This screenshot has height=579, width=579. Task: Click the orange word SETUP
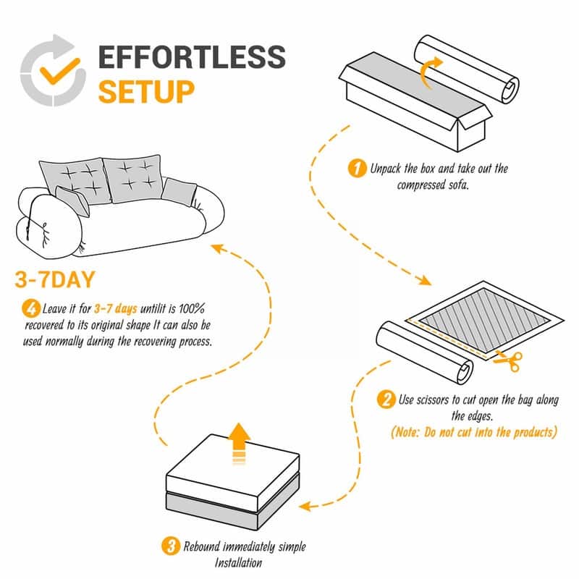pos(146,92)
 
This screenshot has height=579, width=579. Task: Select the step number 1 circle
pos(355,169)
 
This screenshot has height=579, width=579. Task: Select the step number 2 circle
pos(386,400)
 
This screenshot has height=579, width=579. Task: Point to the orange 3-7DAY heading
pos(57,280)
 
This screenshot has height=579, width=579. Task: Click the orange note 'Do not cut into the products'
pos(475,432)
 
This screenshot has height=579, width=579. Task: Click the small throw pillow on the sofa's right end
pos(179,190)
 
